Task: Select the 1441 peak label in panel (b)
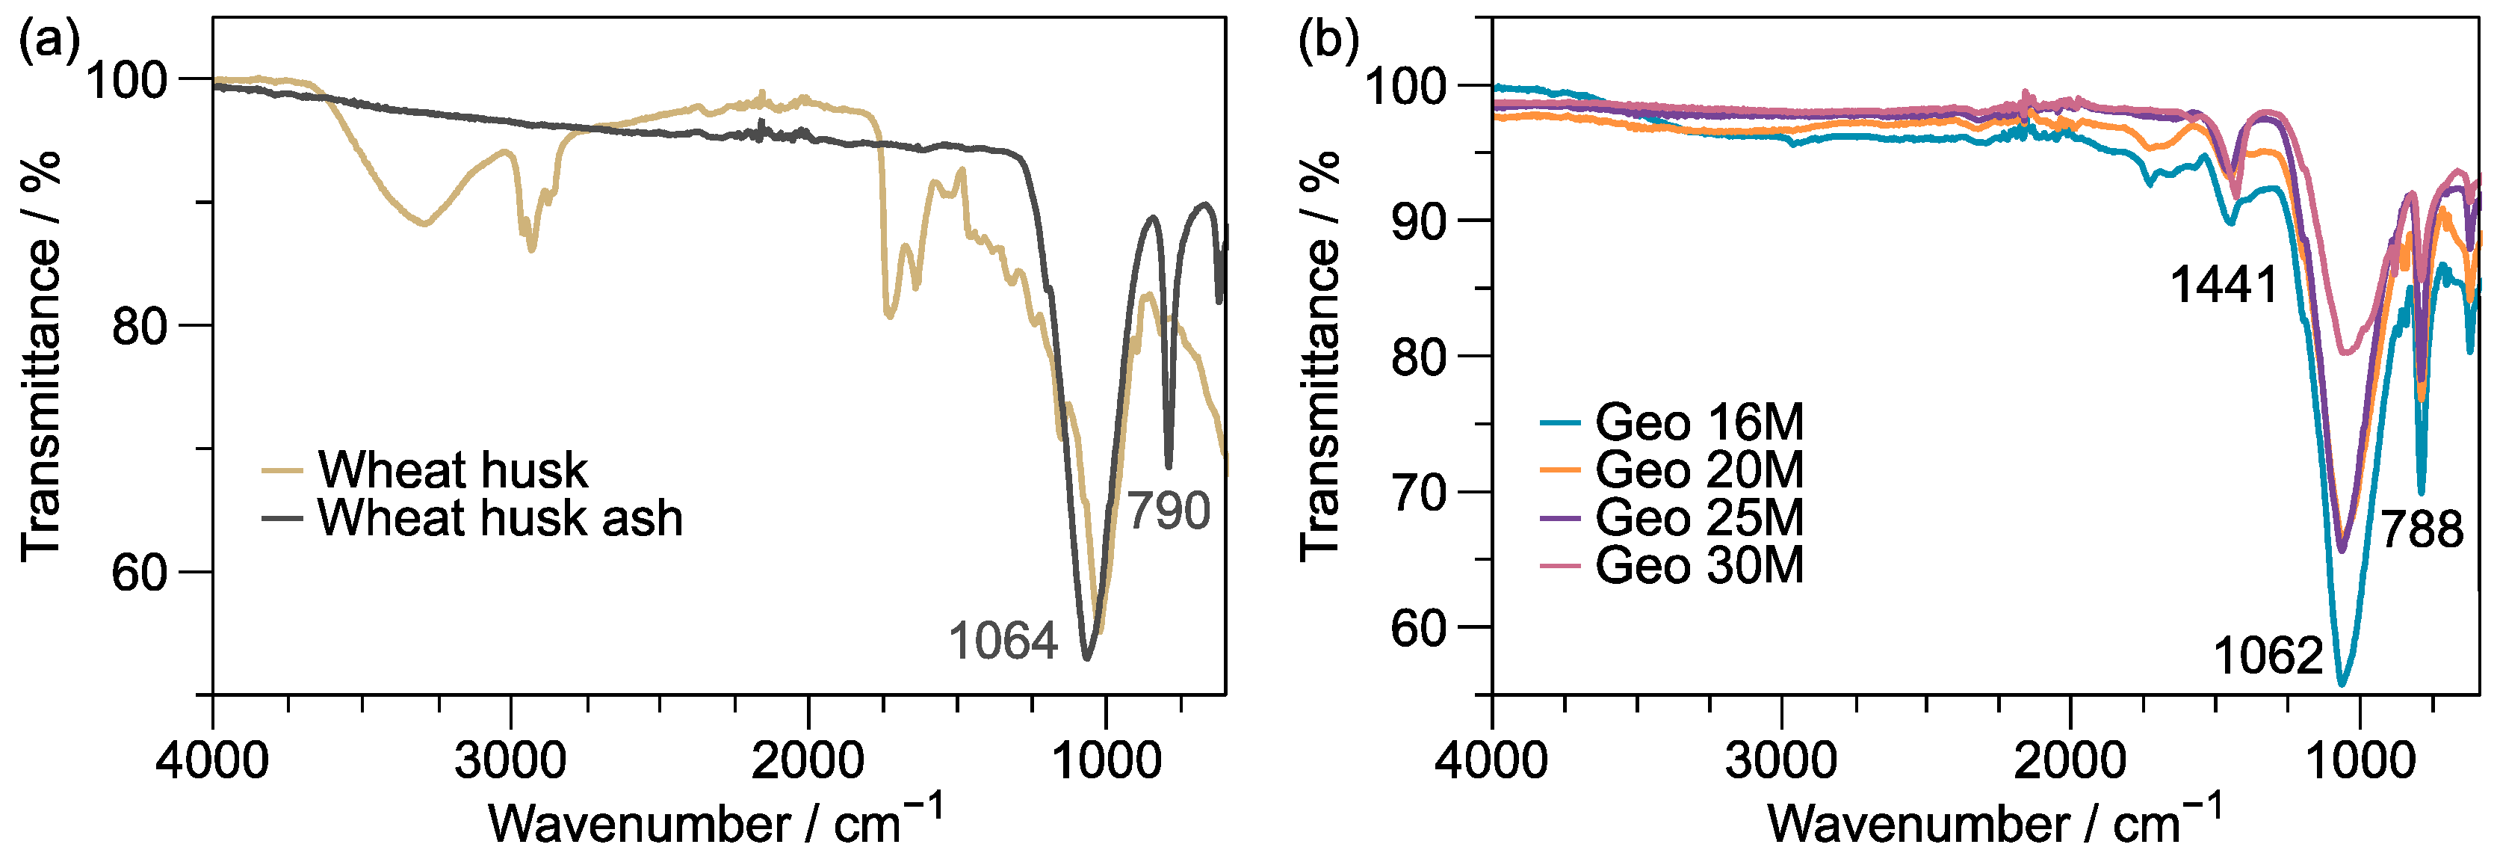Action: pyautogui.click(x=2223, y=285)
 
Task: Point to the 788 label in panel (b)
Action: pyautogui.click(x=2422, y=529)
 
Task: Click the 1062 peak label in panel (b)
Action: pyautogui.click(x=2268, y=656)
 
